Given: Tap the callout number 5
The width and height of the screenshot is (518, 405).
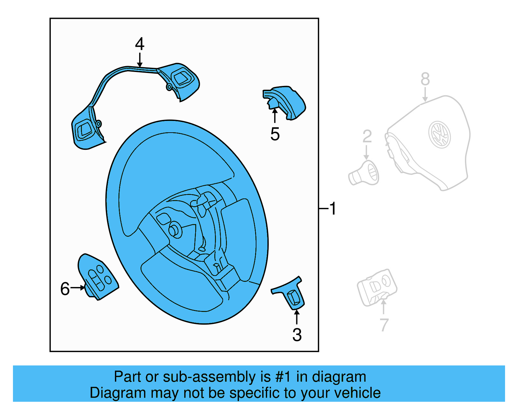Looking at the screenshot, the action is coord(275,134).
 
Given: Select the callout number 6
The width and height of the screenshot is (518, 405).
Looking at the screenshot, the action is coord(65,289).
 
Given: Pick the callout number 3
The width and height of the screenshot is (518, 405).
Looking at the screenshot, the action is coord(297,335).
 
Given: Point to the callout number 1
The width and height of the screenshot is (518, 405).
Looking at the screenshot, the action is coord(333,208).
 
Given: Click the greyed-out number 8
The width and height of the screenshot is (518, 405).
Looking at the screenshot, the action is coord(425,79).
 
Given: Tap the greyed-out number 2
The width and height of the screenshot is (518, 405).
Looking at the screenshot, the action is coord(367,136).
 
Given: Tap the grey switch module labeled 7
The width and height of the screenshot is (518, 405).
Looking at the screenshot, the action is coord(377,288).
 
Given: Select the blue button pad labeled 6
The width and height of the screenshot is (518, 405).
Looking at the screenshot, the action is coord(98,277).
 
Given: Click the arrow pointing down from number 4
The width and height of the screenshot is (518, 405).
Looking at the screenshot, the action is coord(140,60).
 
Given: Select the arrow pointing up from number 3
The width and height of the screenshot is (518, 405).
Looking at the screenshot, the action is coord(297,317).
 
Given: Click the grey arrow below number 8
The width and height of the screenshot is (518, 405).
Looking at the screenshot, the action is coord(425,94).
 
